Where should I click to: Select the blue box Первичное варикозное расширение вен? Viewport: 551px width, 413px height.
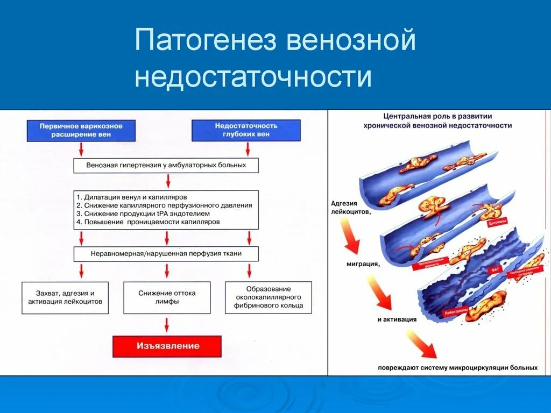coord(81,130)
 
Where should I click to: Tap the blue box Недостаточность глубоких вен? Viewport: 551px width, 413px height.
coord(246,130)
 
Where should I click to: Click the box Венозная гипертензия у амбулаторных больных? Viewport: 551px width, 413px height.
coord(166,165)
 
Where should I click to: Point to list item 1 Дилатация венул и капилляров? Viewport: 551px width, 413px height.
coord(132,197)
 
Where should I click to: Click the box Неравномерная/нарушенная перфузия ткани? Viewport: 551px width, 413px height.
coord(166,254)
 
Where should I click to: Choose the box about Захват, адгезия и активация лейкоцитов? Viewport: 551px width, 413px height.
coord(65,297)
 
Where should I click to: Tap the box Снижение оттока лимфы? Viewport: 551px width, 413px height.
coord(167,297)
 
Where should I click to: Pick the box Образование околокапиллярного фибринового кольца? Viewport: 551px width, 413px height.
coord(269,297)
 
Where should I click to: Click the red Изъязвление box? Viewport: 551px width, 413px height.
coord(167,346)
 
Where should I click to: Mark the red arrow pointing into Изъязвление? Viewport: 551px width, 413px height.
coord(167,324)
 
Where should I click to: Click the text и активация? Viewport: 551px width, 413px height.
coord(397,319)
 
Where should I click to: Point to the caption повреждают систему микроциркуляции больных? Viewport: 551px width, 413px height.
coord(457,368)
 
